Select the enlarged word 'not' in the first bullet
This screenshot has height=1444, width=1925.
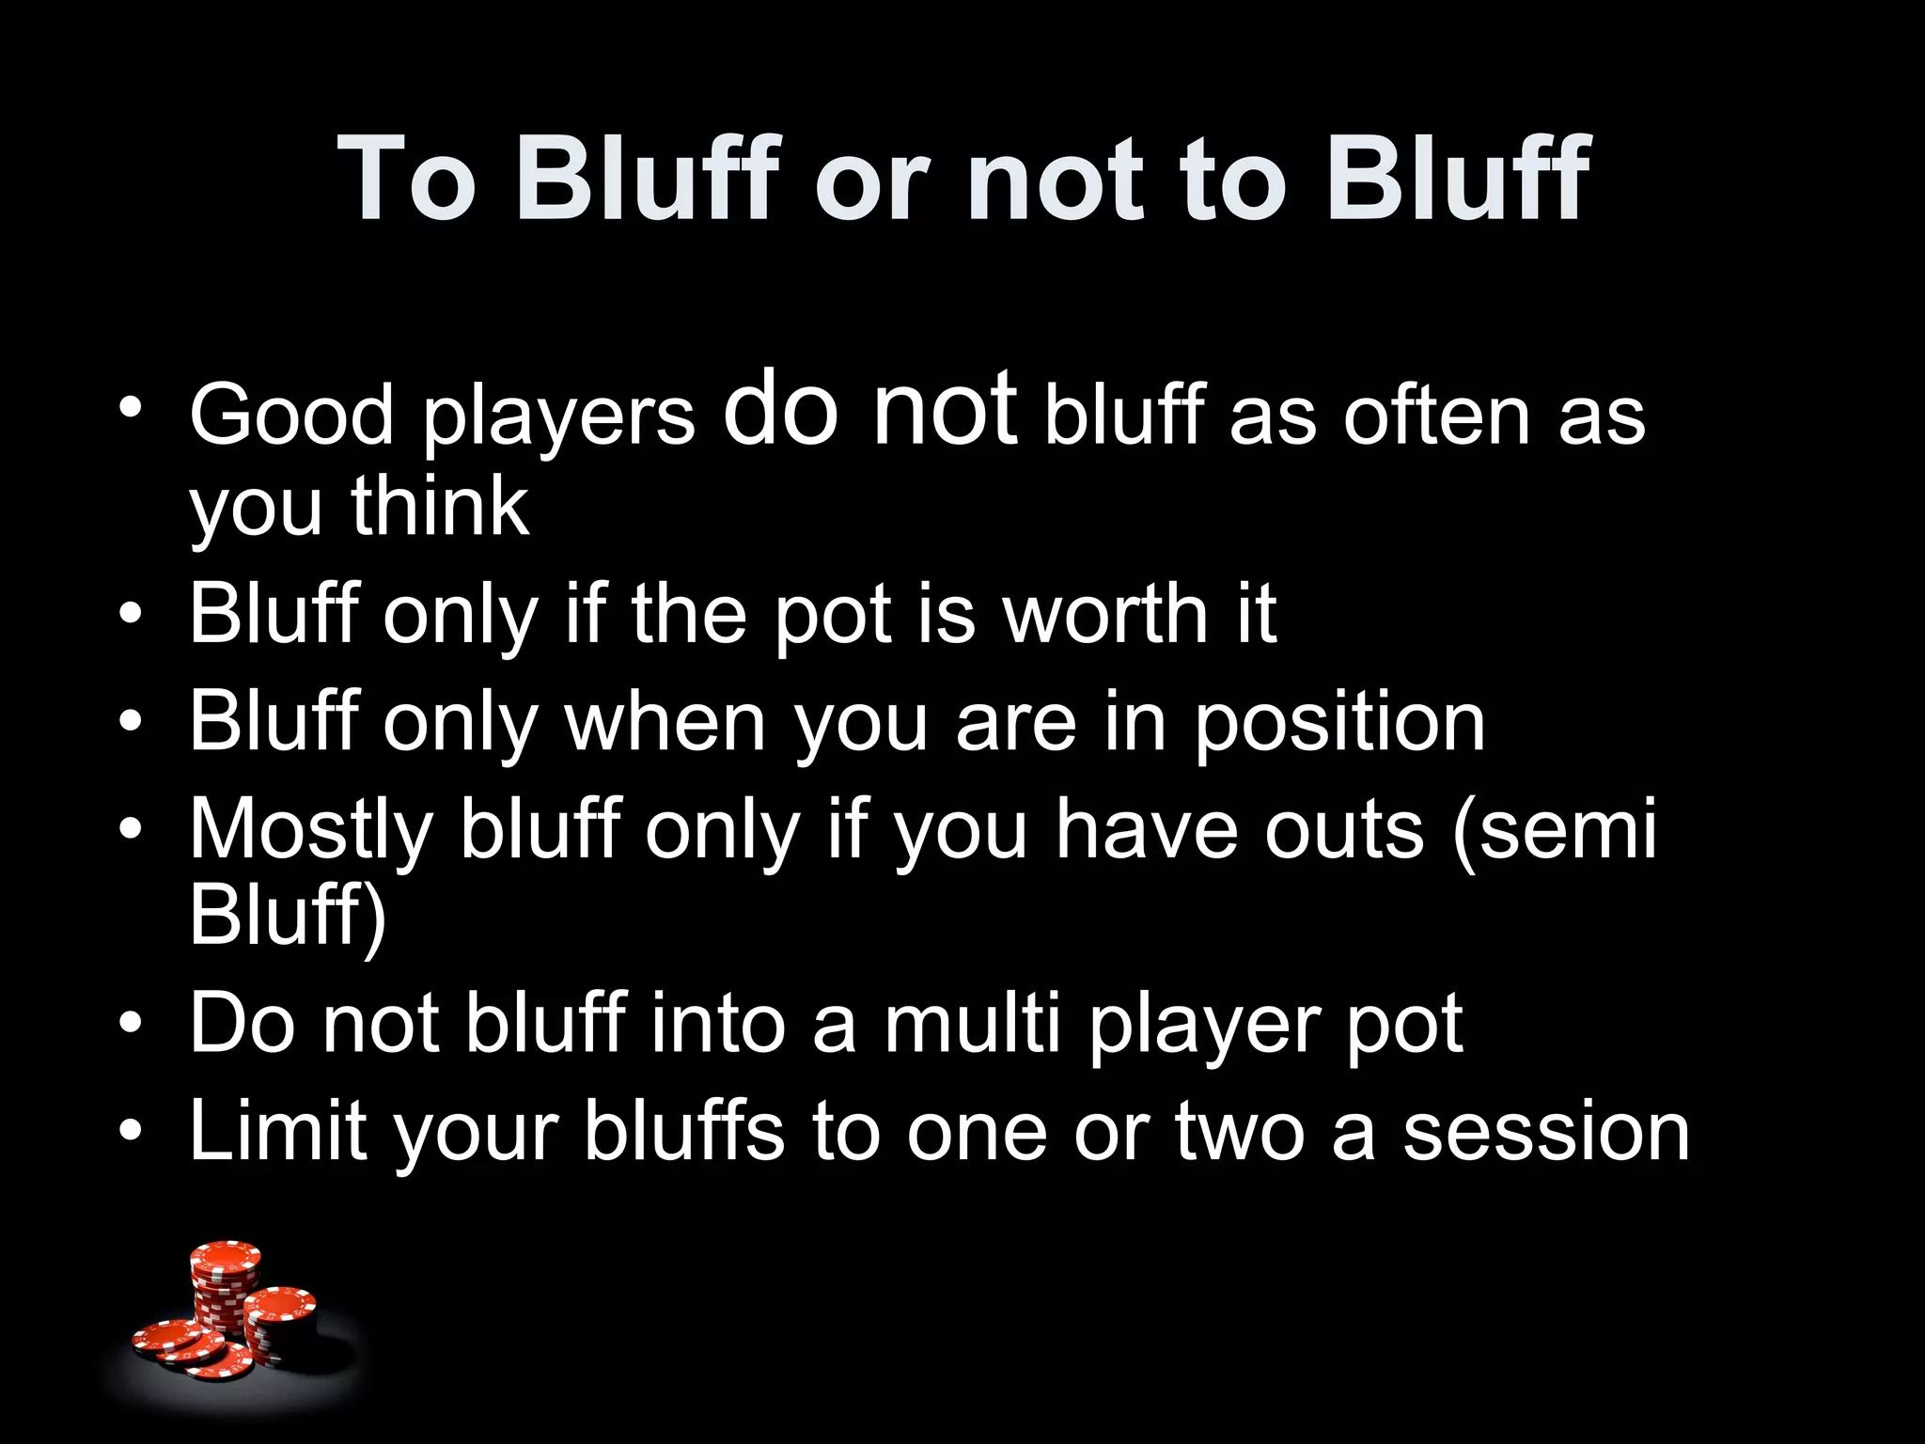pos(944,409)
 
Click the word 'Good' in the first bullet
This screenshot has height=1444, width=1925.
pos(291,416)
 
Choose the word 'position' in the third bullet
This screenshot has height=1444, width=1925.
pos(1339,722)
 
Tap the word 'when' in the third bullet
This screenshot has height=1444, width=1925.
pos(665,722)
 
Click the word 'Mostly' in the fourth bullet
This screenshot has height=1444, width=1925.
pos(311,829)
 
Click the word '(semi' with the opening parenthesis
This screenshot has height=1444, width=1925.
pos(1556,829)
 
